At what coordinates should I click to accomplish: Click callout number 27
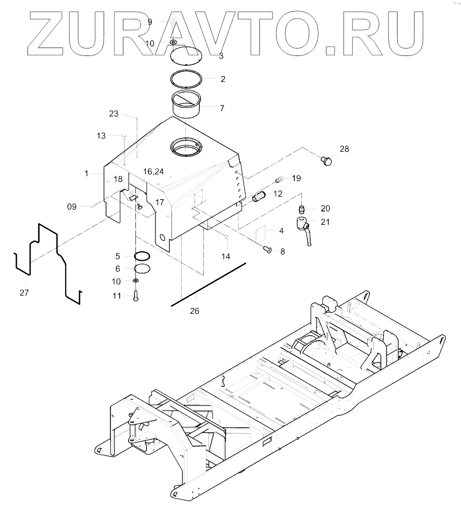(x=24, y=292)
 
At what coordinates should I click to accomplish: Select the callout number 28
(x=344, y=149)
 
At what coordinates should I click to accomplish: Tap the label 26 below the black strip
(x=194, y=311)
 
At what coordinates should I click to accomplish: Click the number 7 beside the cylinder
(x=222, y=108)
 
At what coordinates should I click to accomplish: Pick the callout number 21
(x=325, y=222)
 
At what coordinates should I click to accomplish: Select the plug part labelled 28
(x=326, y=160)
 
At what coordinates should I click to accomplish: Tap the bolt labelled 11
(x=135, y=296)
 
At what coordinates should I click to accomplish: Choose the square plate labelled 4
(x=263, y=233)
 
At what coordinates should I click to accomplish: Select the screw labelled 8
(x=267, y=250)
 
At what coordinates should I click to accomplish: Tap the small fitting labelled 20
(x=302, y=208)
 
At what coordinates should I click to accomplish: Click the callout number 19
(x=296, y=178)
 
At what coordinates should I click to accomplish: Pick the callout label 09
(x=72, y=206)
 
